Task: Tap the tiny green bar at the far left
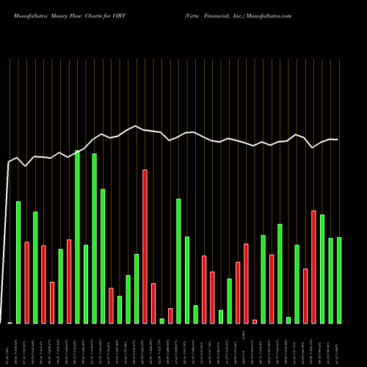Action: (10, 322)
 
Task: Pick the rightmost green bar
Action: (339, 280)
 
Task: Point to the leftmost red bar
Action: (27, 282)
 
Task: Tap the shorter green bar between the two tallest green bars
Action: (86, 283)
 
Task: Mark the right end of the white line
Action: (338, 139)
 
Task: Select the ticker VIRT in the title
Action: (118, 15)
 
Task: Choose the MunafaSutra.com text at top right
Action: (270, 15)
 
